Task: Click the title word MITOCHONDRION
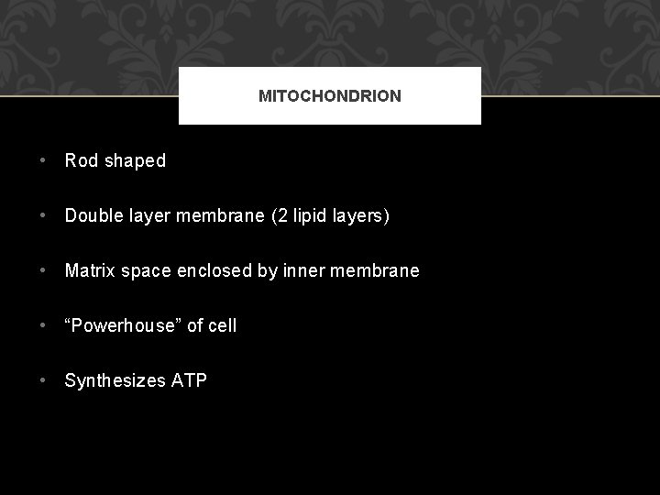330,96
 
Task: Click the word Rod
81,161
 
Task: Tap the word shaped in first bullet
135,161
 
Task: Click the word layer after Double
150,216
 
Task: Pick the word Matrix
90,271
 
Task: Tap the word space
143,271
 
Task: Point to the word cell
223,325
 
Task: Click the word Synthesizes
115,380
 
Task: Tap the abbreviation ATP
190,380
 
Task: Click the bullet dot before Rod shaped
44,161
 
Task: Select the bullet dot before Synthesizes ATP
44,380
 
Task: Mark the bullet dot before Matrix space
44,271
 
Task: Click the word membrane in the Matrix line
378,271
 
